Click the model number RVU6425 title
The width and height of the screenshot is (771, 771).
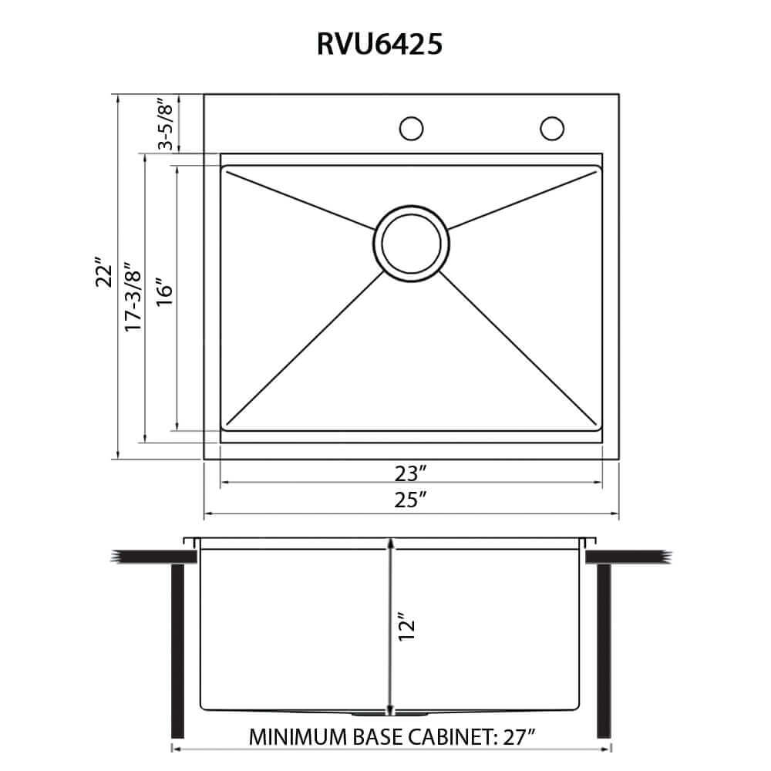(379, 45)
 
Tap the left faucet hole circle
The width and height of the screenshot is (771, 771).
(412, 128)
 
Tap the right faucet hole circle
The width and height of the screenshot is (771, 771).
(551, 128)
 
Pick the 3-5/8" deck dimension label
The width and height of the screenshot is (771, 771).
(163, 124)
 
